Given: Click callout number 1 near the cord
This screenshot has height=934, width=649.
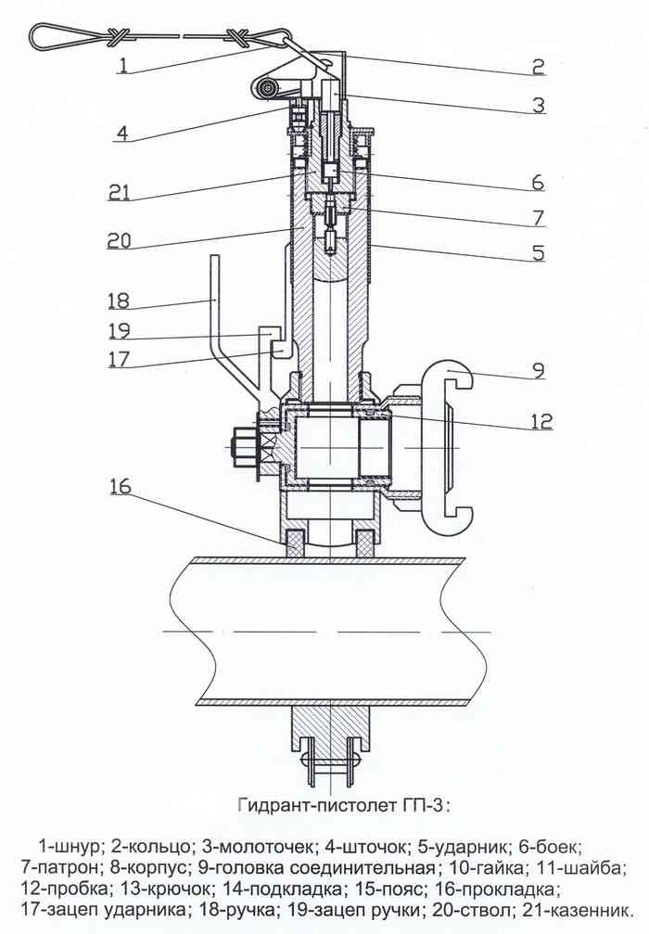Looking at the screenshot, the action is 122,64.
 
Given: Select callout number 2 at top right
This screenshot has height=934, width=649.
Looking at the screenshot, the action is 539,65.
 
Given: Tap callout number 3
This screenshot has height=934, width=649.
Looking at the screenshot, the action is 539,105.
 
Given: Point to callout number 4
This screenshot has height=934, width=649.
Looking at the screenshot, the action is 121,133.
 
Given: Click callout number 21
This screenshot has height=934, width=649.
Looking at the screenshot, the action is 119,193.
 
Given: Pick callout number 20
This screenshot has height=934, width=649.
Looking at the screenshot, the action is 119,240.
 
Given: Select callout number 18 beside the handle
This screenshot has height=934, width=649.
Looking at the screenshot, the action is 119,300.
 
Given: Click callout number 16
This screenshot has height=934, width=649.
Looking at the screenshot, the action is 120,485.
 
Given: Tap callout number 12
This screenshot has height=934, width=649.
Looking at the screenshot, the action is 541,421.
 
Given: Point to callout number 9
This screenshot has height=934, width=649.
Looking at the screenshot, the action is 539,370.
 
